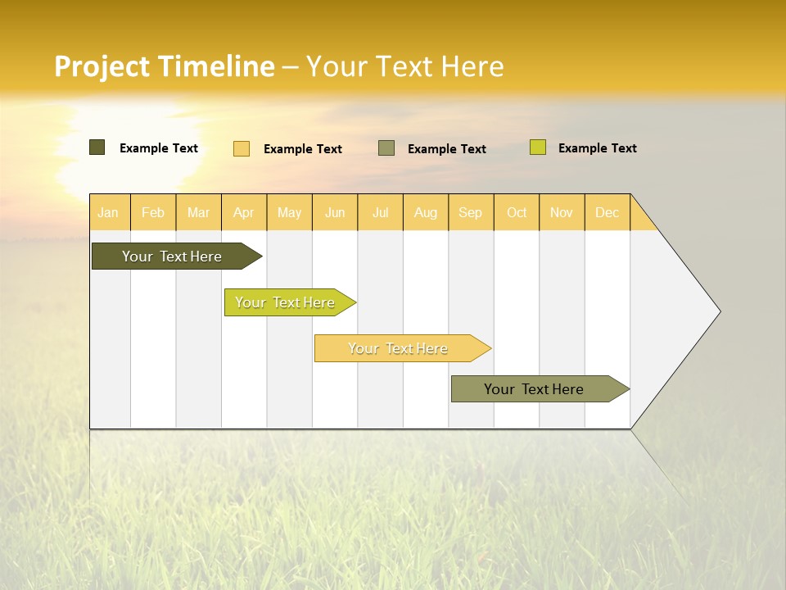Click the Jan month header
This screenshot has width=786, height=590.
coord(108,212)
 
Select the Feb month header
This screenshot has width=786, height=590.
coord(153,212)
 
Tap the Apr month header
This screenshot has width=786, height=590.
coord(244,212)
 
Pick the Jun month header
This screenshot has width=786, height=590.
coord(335,212)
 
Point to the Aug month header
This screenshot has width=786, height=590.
coord(426,212)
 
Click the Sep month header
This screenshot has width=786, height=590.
coord(471,212)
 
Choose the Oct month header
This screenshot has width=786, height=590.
coord(517,212)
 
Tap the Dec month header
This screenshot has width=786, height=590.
coord(608,212)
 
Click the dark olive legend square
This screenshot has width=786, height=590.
coord(97,147)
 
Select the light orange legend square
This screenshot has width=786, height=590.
coord(242,148)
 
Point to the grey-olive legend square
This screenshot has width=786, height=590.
coord(386,147)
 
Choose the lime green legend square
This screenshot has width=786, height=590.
coord(538,147)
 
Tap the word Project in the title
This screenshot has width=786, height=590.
coord(102,66)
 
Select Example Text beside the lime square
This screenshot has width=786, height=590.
coord(597,148)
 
